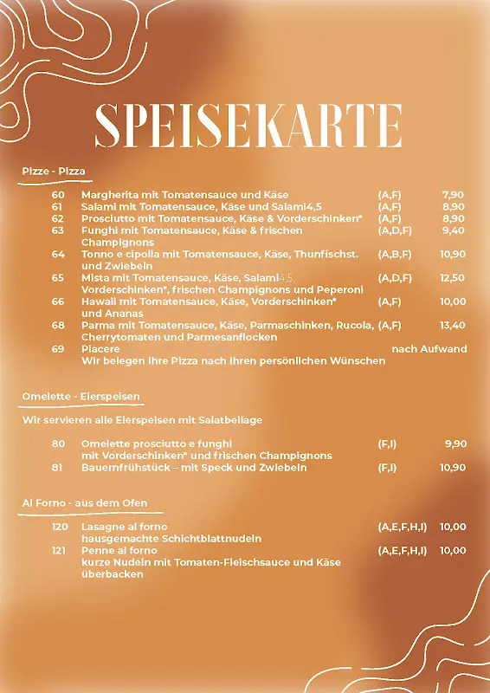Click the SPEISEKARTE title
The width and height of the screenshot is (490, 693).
[x=248, y=126]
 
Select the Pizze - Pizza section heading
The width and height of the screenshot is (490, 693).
[x=54, y=172]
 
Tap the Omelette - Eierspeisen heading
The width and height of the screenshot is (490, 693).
[x=81, y=397]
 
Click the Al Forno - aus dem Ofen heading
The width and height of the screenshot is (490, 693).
[x=84, y=503]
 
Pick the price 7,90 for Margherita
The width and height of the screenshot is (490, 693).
[x=453, y=195]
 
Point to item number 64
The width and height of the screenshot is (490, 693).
[x=58, y=255]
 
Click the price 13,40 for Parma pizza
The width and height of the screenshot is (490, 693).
[x=453, y=326]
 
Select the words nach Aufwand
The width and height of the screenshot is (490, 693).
[x=429, y=349]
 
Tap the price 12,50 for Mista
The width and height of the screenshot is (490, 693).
[x=453, y=278]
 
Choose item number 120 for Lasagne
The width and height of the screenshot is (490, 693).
[x=60, y=527]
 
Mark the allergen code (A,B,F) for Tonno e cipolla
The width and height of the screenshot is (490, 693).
[x=395, y=255]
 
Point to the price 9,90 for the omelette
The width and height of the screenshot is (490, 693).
[x=455, y=444]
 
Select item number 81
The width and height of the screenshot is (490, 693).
[x=58, y=468]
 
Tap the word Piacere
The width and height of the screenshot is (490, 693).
[x=100, y=349]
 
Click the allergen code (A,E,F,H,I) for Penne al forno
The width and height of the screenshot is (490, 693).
[x=402, y=550]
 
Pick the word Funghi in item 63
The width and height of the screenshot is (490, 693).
[x=99, y=230]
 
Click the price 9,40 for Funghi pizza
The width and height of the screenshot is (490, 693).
[x=453, y=230]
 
